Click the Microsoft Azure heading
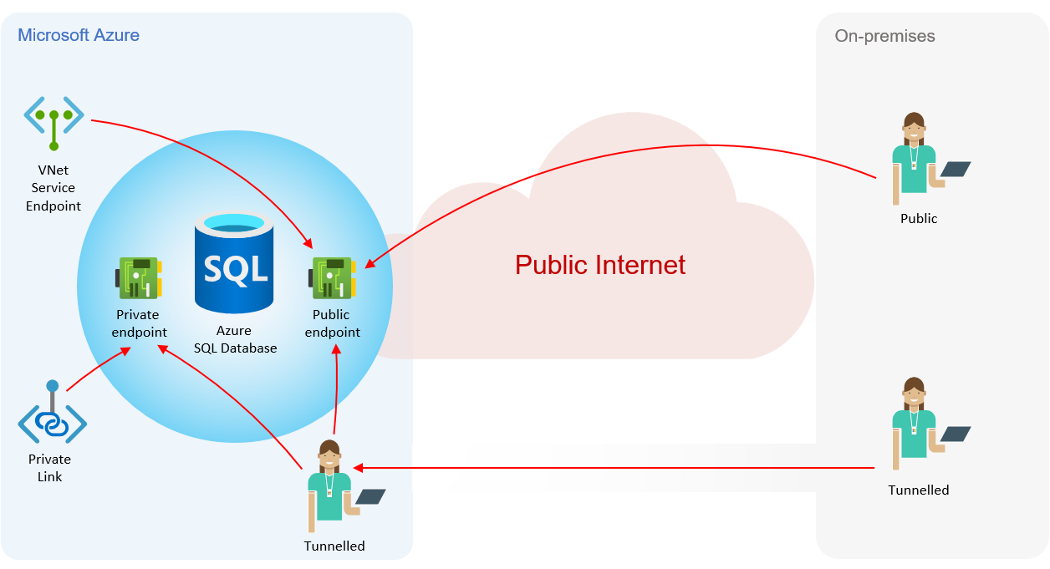[79, 35]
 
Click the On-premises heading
[884, 36]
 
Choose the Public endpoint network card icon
[333, 277]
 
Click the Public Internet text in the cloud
[599, 265]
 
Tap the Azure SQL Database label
[235, 339]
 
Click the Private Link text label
[49, 468]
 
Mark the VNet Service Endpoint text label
[54, 188]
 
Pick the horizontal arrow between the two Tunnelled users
[614, 468]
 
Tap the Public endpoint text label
[332, 323]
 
